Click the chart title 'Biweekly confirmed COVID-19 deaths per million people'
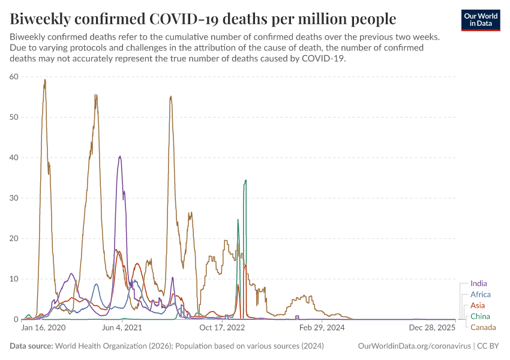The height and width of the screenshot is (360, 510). (203, 19)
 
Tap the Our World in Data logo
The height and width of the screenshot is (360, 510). (481, 19)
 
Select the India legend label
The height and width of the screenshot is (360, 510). (479, 283)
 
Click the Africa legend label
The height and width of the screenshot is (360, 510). (481, 295)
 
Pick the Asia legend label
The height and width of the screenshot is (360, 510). (478, 305)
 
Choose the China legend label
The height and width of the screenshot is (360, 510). (480, 316)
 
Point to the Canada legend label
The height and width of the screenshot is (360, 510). (483, 327)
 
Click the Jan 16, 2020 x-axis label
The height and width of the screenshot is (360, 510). (44, 328)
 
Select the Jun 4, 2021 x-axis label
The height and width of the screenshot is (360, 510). (122, 328)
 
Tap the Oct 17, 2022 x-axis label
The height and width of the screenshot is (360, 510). (223, 328)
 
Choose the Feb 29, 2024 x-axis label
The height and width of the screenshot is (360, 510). (322, 328)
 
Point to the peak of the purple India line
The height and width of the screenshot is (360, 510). (121, 156)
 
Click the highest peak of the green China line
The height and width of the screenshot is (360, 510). (245, 180)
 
